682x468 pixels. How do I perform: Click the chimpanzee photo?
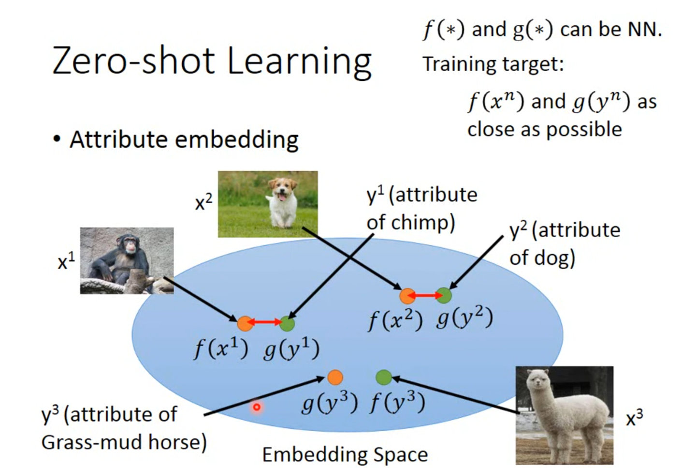click(127, 261)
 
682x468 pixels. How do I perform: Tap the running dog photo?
click(268, 204)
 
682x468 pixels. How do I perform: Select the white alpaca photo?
click(565, 415)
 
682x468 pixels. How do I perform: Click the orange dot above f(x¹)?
click(245, 323)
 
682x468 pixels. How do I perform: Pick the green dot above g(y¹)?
click(287, 323)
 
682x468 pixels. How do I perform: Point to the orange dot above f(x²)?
click(407, 296)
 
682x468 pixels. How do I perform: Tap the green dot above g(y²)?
click(444, 295)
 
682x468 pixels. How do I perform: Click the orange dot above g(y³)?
click(335, 377)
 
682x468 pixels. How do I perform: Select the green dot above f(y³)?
click(384, 377)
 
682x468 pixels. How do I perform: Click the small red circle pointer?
click(257, 407)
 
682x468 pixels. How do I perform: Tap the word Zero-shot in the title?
click(133, 60)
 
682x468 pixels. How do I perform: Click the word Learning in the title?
click(299, 63)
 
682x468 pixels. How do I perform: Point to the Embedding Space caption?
click(345, 454)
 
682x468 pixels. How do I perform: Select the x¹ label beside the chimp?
click(66, 261)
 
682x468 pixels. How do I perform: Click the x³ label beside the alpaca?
click(635, 418)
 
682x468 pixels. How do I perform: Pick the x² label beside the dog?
click(203, 202)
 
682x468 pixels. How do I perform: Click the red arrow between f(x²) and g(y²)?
click(425, 295)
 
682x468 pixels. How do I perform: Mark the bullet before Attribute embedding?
click(57, 139)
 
